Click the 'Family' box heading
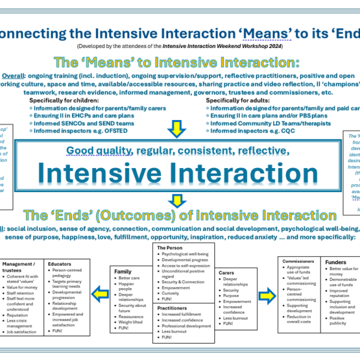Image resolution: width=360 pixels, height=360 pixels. (123, 271)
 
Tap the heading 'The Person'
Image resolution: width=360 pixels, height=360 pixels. (170, 247)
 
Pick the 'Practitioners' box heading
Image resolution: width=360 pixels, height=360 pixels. (174, 308)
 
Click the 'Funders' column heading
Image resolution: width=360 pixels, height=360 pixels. (335, 262)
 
